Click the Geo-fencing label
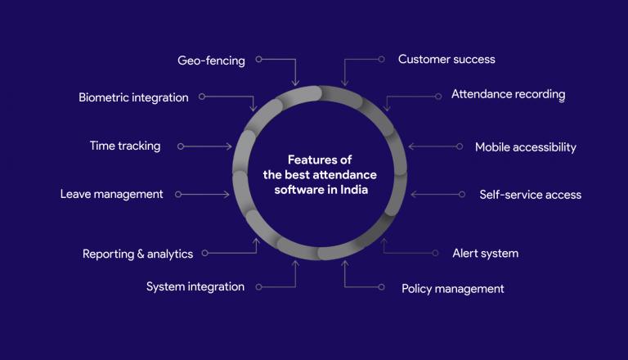click(x=211, y=61)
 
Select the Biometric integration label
click(x=133, y=97)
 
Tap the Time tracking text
click(x=125, y=146)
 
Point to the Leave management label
click(x=111, y=194)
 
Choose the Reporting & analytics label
click(x=137, y=254)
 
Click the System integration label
click(x=195, y=286)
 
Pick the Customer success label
click(x=446, y=59)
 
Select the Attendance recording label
click(x=508, y=94)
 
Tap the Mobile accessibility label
click(x=526, y=147)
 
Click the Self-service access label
click(x=530, y=195)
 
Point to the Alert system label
click(x=485, y=253)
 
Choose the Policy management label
click(x=452, y=288)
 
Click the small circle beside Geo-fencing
click(x=258, y=60)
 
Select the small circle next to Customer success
click(x=381, y=59)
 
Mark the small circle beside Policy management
click(x=381, y=287)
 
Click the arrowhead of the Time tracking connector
click(x=231, y=146)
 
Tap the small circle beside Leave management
click(x=178, y=195)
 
